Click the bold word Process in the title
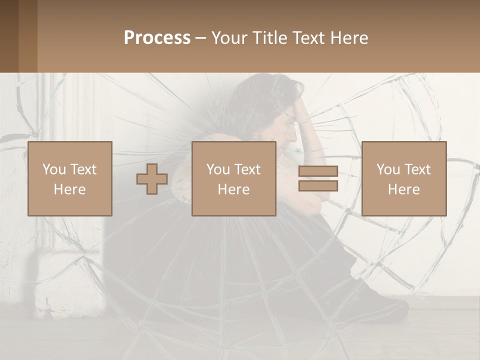[157, 38]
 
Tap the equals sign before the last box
[318, 179]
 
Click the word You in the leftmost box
[53, 169]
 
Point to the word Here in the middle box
[234, 189]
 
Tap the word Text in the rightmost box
[418, 169]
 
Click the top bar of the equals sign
[318, 171]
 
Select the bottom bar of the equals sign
[318, 186]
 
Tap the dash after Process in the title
[201, 38]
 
